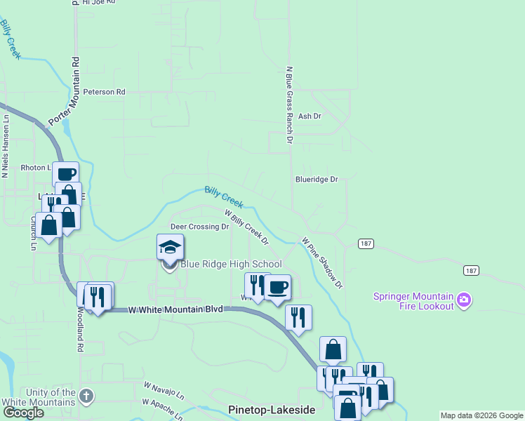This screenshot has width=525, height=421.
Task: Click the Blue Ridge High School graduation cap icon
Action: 170,248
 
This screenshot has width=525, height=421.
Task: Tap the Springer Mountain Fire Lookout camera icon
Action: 463,301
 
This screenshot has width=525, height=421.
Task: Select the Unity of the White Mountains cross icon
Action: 86,396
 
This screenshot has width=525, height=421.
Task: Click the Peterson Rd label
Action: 104,92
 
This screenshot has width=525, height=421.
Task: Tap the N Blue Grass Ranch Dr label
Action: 288,105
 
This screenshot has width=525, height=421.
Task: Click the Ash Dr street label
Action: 310,116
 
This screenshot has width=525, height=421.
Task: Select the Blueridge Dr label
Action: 317,180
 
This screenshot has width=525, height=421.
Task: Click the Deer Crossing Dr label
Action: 200,227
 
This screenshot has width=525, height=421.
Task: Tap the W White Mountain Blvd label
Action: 175,309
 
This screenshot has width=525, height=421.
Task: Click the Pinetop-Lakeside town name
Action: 272,409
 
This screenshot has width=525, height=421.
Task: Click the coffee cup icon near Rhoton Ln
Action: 66,175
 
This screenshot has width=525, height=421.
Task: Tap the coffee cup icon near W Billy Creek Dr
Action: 278,287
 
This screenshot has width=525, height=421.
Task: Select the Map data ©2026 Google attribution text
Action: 481,415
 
